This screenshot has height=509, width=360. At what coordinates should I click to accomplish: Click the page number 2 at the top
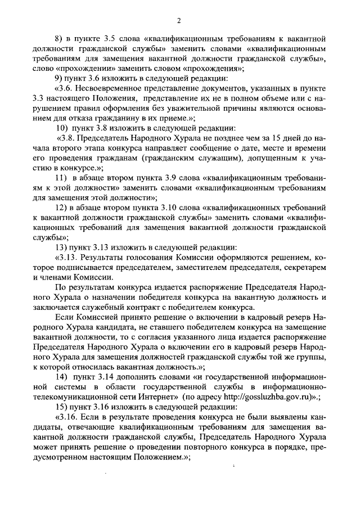click(178, 21)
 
